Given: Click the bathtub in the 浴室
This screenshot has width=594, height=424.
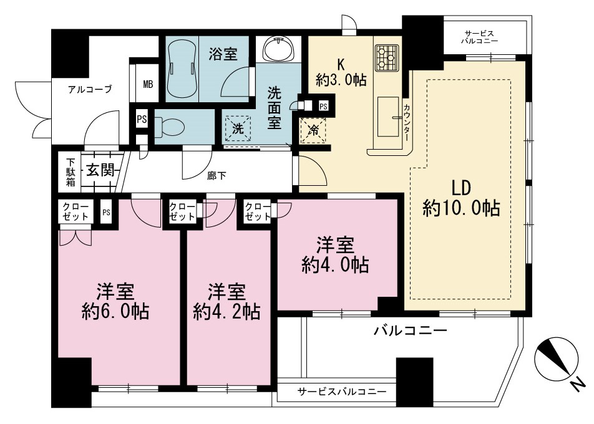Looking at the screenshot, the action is (182, 69).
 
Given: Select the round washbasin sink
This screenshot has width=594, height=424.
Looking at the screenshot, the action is (278, 49).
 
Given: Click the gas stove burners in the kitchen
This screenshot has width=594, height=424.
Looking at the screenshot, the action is (387, 58).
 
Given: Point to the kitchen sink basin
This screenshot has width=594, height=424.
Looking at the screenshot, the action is (388, 116).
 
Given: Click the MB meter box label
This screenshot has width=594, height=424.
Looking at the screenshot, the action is (148, 84).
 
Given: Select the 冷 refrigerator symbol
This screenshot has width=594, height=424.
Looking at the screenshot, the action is (313, 130).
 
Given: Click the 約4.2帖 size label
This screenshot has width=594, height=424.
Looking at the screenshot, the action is (226, 312).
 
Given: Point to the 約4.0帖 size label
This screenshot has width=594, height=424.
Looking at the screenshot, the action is (336, 264).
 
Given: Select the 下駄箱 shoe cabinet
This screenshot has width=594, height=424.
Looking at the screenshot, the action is (71, 172).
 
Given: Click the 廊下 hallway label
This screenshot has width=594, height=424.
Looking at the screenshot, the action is (217, 176).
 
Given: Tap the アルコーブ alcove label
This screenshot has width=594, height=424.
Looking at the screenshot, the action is (90, 89).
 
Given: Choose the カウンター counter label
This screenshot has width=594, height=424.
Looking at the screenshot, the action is (406, 123).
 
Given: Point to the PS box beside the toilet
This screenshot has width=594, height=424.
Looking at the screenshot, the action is (142, 120).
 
